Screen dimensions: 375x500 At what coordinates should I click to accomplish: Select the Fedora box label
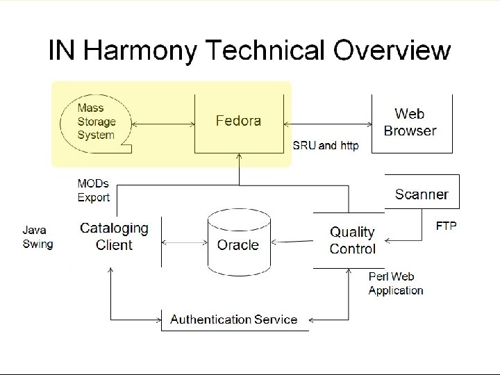tap(237, 121)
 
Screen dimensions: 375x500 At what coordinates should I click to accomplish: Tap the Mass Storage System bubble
tap(96, 122)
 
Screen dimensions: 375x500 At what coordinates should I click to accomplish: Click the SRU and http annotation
tap(326, 146)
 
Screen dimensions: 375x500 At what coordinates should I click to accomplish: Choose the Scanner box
tap(422, 194)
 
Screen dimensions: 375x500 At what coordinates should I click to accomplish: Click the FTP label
tap(446, 226)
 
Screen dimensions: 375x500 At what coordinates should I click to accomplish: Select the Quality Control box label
tap(352, 240)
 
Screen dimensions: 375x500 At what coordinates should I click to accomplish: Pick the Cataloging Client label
tap(114, 236)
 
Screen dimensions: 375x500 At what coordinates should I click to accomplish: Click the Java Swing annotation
tap(37, 236)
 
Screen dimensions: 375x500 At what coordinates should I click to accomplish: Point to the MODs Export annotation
tap(93, 191)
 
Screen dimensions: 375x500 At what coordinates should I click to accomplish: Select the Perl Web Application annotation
tap(396, 284)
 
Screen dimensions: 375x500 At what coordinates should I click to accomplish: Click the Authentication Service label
tap(233, 319)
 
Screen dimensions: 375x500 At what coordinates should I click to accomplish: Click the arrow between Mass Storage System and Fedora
tap(162, 124)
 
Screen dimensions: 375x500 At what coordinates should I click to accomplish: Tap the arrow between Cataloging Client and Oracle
tap(185, 243)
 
